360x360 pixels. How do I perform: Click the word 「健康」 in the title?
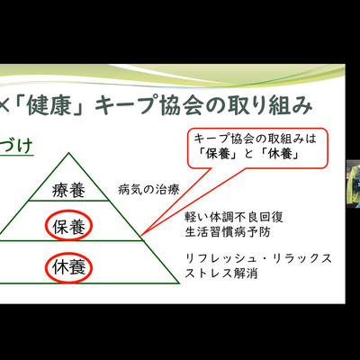[50, 105]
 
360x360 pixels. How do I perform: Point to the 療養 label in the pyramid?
[68, 191]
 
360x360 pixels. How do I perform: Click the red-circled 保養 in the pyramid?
[68, 226]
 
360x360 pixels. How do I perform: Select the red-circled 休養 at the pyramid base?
[68, 267]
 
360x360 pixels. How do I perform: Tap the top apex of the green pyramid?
[68, 153]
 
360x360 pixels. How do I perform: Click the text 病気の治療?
[148, 190]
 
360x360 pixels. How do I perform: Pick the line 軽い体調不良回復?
[234, 217]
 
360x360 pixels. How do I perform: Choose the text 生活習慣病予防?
[228, 232]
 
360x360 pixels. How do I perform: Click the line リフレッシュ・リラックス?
[258, 258]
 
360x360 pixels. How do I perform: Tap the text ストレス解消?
[221, 273]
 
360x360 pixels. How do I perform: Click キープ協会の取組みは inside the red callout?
[256, 139]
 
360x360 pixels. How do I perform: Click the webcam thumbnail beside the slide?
[353, 184]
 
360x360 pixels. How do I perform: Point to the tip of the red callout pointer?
[140, 236]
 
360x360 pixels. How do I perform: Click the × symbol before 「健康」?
[5, 105]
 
